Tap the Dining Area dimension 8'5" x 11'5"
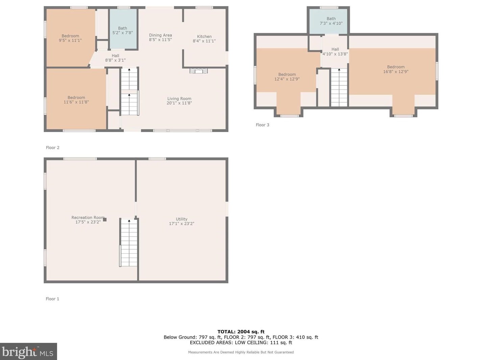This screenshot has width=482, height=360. [160, 40]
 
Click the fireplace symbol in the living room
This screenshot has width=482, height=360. [198, 71]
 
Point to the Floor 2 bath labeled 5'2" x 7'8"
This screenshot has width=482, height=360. [123, 30]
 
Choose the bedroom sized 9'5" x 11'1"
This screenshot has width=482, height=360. [70, 38]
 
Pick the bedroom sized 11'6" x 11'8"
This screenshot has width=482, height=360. [76, 100]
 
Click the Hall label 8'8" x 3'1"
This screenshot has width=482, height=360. [115, 58]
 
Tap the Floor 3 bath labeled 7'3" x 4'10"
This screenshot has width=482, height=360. [331, 21]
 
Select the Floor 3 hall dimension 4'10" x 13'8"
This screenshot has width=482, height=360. [335, 54]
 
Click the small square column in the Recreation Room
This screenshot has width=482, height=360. [105, 220]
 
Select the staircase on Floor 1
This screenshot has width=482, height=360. [129, 243]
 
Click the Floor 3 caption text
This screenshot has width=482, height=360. [262, 125]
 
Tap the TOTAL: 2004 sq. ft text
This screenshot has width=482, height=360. [241, 332]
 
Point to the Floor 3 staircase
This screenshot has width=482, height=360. [339, 87]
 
